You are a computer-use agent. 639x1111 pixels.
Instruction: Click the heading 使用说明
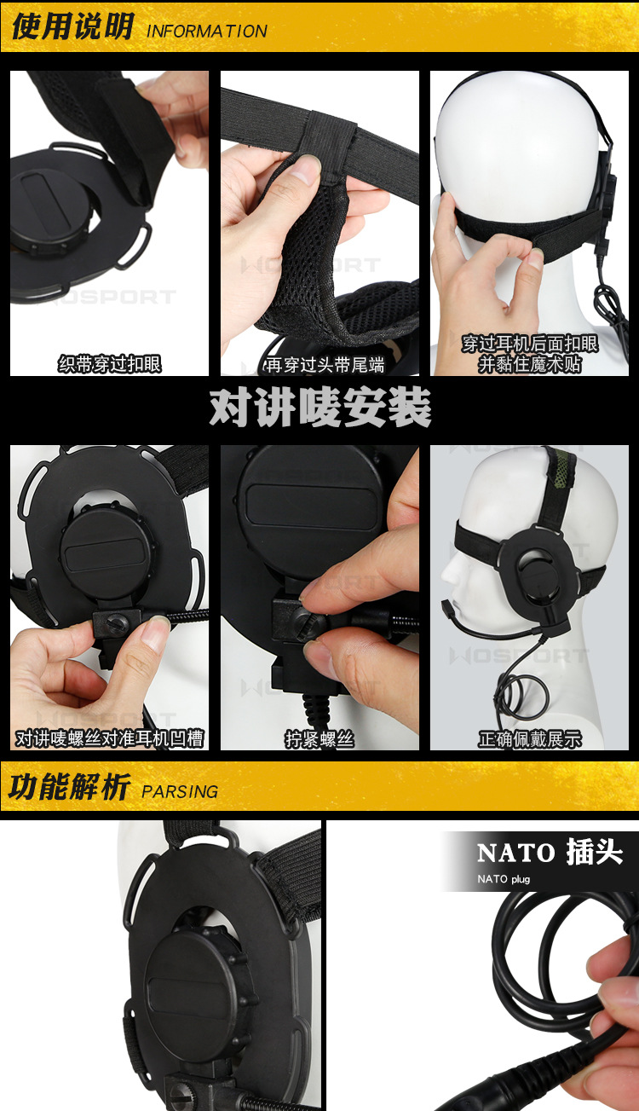72,27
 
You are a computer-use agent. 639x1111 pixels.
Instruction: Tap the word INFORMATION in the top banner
207,32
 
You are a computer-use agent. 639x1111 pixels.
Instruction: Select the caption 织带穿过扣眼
109,365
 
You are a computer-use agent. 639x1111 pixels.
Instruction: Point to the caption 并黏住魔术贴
529,364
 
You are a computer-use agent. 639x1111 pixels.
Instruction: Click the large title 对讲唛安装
319,408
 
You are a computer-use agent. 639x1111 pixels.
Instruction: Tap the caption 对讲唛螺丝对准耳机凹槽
110,738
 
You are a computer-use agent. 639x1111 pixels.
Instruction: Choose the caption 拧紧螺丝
319,739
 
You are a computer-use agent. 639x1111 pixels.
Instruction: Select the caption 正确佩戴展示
529,739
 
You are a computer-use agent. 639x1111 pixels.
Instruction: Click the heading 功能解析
68,787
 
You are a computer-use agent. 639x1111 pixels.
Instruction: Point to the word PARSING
180,791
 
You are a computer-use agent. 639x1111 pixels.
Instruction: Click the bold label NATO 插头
550,852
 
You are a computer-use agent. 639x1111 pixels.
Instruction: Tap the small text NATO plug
503,878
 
